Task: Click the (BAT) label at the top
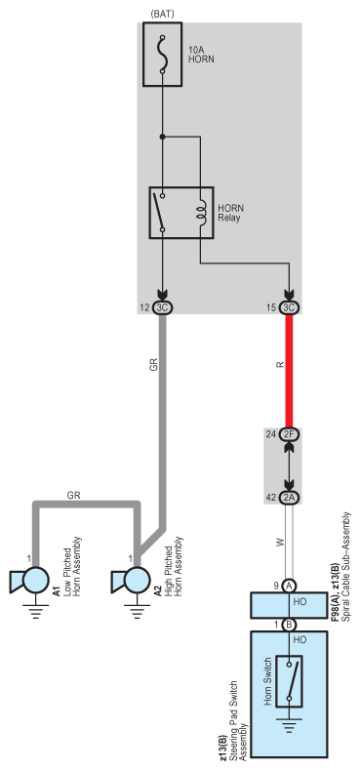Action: tap(162, 13)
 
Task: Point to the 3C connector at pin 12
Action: tap(163, 306)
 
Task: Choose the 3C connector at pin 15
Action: tap(289, 306)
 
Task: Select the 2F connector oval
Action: tap(289, 433)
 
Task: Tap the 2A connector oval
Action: tap(289, 497)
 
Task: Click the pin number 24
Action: tap(270, 433)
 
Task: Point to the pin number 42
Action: tap(270, 497)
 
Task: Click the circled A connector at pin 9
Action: tap(289, 586)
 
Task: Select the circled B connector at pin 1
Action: tap(289, 624)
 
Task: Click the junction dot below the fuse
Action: tap(163, 136)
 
